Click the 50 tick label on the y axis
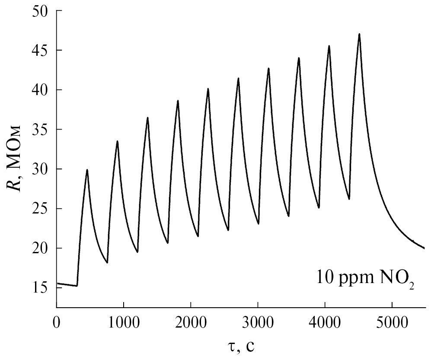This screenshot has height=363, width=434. [41, 11]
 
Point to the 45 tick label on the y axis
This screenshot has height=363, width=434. [41, 50]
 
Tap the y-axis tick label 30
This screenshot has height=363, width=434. [41, 169]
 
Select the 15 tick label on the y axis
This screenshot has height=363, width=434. [41, 288]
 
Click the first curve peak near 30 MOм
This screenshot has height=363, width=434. [87, 170]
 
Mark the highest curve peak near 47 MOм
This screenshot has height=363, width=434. [359, 34]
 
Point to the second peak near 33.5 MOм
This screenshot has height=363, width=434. [117, 141]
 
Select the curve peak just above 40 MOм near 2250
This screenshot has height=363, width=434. [208, 89]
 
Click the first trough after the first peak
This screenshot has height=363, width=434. [107, 262]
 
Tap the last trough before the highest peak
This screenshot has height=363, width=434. [349, 199]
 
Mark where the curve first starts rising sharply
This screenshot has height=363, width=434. [77, 286]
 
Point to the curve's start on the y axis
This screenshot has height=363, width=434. [57, 283]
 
